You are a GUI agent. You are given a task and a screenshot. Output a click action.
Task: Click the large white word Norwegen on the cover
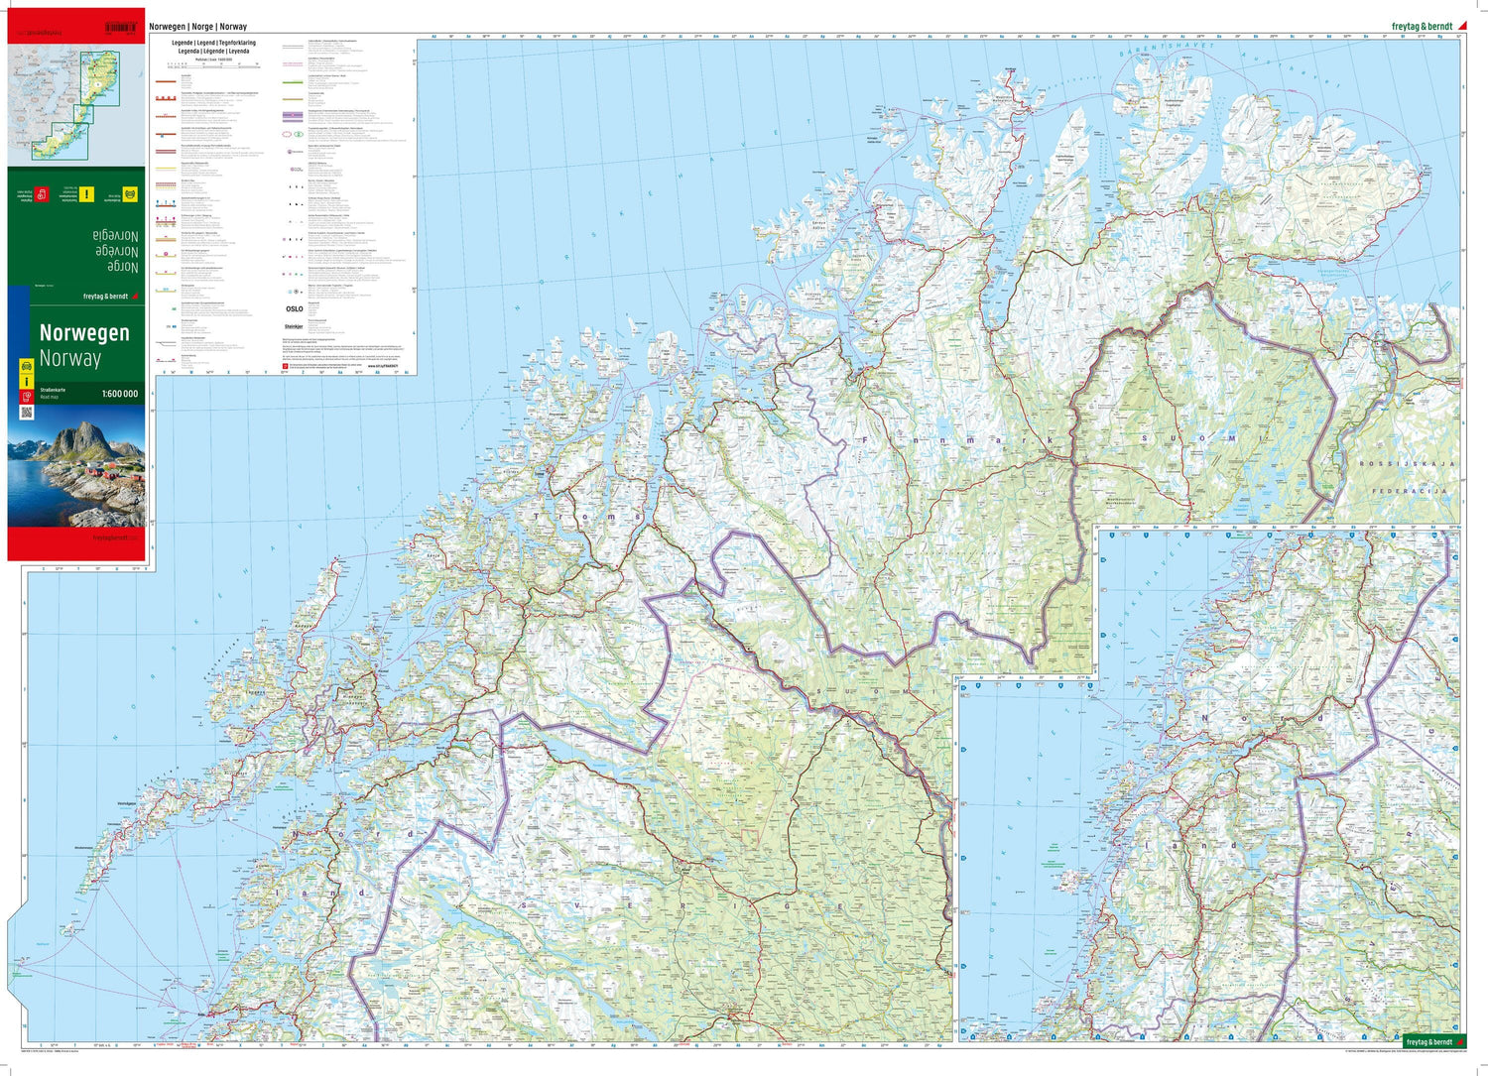tap(84, 333)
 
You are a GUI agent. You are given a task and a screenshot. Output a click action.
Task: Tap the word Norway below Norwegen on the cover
tap(70, 358)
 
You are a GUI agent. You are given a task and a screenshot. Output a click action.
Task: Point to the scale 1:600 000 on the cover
tap(120, 394)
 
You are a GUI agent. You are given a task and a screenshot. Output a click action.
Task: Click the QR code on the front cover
tap(27, 412)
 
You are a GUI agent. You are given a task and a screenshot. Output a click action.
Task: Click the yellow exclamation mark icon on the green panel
tap(86, 194)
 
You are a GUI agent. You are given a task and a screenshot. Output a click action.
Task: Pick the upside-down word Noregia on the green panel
tap(115, 236)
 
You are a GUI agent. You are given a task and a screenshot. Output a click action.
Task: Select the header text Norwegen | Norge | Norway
tap(198, 27)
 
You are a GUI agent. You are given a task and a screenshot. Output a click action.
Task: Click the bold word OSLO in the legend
tap(295, 308)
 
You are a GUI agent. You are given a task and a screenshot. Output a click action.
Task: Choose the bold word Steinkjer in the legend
tap(295, 325)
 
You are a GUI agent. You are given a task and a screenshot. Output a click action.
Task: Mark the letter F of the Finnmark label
tap(866, 438)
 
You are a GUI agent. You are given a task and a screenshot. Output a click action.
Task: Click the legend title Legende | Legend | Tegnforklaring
tap(213, 44)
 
